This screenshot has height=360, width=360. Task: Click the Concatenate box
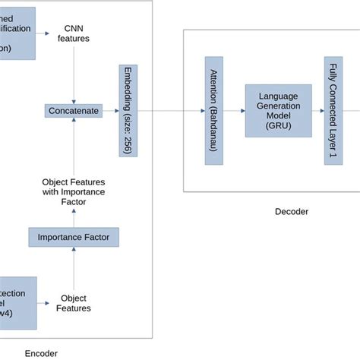(x=73, y=111)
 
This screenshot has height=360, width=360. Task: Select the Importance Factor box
(x=74, y=238)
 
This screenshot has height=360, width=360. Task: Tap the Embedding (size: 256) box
(x=128, y=111)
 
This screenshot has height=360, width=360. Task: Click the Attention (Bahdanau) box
(x=212, y=111)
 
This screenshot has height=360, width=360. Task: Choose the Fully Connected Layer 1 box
(x=331, y=111)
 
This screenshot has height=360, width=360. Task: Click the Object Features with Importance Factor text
(x=74, y=191)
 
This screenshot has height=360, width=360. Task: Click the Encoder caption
(x=41, y=352)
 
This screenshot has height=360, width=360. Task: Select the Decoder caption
(x=291, y=212)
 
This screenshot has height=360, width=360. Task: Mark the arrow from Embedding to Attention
(x=170, y=111)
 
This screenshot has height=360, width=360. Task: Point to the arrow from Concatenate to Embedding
(x=110, y=111)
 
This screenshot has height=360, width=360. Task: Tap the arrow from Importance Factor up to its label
(x=74, y=216)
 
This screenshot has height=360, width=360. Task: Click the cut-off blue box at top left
(x=17, y=32)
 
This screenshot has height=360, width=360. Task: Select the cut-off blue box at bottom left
(x=17, y=302)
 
